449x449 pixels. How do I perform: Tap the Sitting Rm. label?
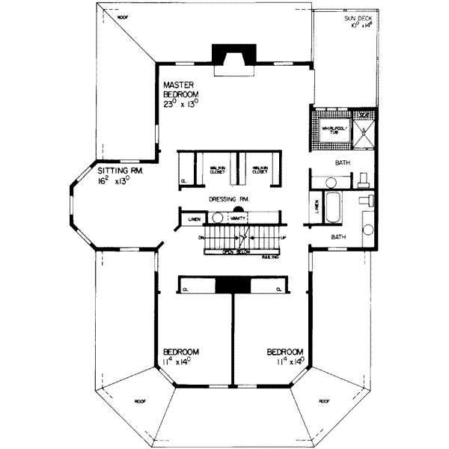[114, 176]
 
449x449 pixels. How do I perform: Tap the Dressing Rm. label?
[229, 198]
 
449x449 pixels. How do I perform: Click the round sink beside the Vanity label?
[218, 218]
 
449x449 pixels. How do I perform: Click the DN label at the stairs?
[201, 238]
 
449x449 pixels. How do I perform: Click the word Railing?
[271, 257]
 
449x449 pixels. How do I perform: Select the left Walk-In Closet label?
[218, 169]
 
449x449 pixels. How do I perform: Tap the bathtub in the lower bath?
[334, 207]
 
